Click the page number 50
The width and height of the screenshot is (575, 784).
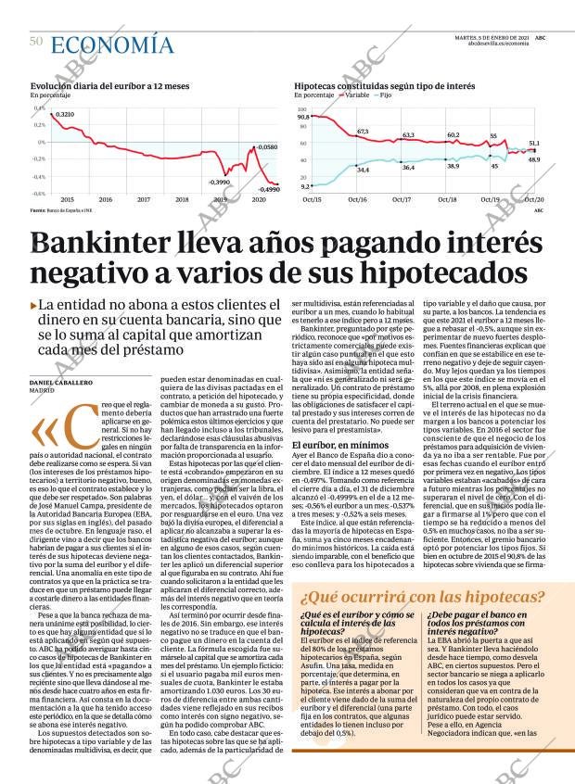pyautogui.click(x=36, y=41)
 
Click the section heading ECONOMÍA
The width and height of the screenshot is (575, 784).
pyautogui.click(x=111, y=44)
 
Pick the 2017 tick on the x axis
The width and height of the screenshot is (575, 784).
pyautogui.click(x=144, y=199)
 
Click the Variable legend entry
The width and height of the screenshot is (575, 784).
pyautogui.click(x=357, y=95)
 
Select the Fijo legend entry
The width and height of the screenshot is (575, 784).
pyautogui.click(x=385, y=95)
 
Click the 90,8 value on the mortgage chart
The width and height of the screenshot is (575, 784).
pyautogui.click(x=303, y=118)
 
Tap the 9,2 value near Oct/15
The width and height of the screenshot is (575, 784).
pyautogui.click(x=306, y=186)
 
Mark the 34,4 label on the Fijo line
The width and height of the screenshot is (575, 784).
pyautogui.click(x=363, y=170)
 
